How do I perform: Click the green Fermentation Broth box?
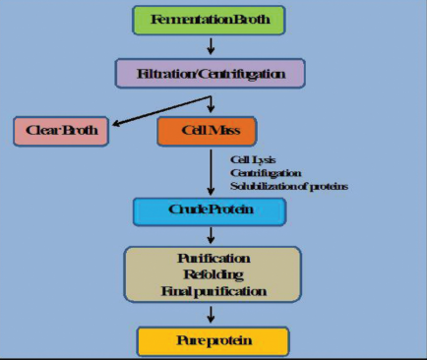(210, 20)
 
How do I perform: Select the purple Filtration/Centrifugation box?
(210, 73)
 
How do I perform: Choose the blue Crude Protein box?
(209, 211)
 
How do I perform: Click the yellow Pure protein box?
(212, 341)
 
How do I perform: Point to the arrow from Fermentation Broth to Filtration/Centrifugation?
(210, 45)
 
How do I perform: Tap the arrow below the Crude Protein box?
(210, 235)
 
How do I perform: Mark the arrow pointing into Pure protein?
(211, 315)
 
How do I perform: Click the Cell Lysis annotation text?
(250, 158)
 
